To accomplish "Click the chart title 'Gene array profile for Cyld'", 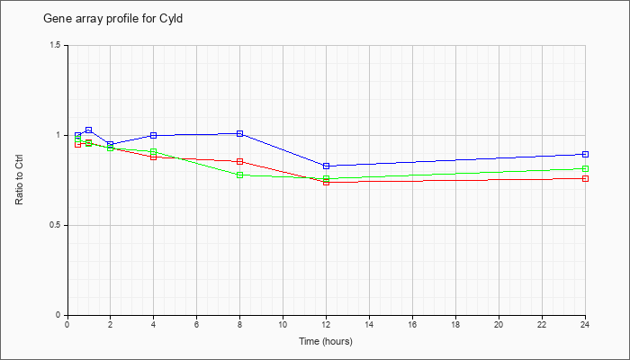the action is [112, 19].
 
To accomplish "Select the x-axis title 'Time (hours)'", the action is [326, 341].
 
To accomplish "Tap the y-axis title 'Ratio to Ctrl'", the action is [19, 180].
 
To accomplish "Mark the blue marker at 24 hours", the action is [585, 154].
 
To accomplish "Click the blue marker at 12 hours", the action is [326, 166].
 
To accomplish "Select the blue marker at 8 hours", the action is [240, 133].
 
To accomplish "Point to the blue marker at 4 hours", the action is [154, 135].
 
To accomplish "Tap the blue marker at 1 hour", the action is [89, 130].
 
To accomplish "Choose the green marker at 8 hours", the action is [240, 175].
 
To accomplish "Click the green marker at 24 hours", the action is [585, 169].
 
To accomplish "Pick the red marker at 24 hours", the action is [585, 178].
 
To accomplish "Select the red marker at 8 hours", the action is [240, 161].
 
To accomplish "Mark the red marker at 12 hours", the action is [326, 182].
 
